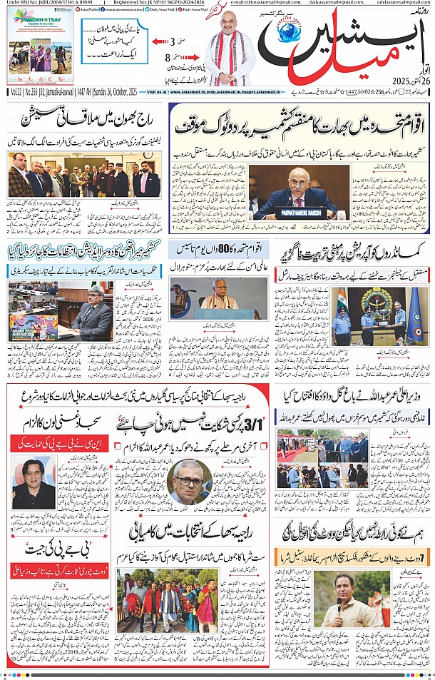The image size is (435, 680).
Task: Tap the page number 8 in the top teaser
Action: tap(168, 57)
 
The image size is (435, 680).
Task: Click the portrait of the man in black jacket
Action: tap(33, 482)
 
